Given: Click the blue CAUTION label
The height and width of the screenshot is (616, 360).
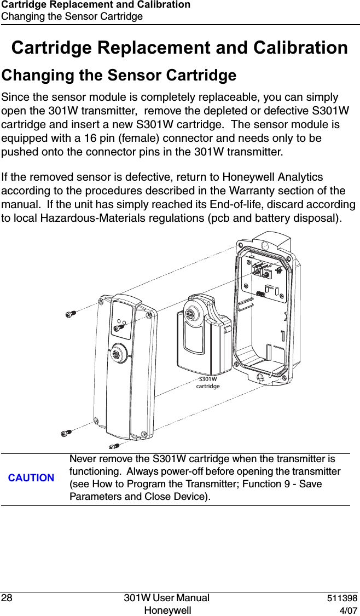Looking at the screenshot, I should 31,478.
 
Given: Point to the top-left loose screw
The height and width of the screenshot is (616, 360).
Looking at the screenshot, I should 70,314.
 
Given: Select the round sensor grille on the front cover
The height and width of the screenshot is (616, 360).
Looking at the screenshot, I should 117,353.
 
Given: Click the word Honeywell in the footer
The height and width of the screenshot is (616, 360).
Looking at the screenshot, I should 167,611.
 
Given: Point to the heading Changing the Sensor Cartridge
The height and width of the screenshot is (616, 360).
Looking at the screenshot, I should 119,74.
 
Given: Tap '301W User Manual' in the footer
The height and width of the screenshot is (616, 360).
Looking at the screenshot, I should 166,598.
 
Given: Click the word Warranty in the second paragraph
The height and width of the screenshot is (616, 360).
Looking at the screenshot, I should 258,191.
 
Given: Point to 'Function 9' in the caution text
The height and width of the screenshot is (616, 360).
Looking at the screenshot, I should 250,484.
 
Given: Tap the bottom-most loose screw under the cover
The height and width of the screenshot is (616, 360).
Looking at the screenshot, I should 114,446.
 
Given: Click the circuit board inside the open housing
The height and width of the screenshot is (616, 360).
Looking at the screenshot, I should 268,282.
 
